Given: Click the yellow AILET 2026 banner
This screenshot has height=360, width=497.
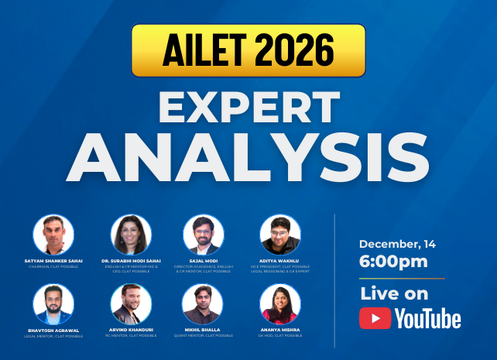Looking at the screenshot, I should (248, 50).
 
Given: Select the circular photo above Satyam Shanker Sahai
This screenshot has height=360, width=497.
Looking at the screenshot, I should (53, 235).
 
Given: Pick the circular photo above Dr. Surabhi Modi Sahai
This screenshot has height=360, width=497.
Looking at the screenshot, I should (130, 235).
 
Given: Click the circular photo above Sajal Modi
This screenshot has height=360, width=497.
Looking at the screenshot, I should (204, 235).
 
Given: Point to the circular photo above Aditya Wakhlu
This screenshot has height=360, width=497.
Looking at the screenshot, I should (280, 235).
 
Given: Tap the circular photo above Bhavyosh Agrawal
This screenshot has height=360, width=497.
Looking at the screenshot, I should (53, 304).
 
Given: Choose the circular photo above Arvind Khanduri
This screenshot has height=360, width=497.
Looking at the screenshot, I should (130, 304).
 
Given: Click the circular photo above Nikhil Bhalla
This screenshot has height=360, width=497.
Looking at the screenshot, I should (204, 304).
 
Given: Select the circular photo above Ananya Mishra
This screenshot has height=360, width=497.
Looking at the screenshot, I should (280, 304).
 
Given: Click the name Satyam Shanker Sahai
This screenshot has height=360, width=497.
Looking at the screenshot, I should (53, 261).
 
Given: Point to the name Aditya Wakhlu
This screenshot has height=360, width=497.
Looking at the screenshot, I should (280, 261).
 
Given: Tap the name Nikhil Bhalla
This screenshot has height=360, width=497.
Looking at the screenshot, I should (204, 330).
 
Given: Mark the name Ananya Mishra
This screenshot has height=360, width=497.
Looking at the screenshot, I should (280, 330).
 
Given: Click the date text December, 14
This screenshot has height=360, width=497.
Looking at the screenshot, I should (397, 244).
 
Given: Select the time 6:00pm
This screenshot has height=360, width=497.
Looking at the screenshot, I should (393, 262).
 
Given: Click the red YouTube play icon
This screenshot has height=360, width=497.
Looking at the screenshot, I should (375, 318).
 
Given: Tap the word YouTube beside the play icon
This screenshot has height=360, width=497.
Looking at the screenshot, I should (427, 318).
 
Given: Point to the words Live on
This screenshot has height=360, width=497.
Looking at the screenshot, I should (393, 293).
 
